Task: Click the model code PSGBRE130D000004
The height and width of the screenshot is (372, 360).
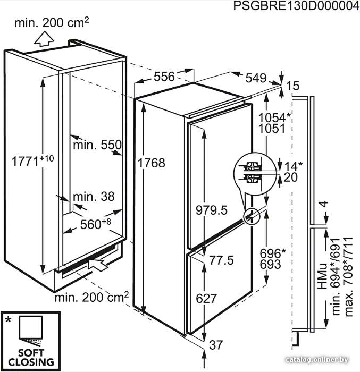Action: (296, 6)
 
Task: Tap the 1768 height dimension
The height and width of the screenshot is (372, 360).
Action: (152, 163)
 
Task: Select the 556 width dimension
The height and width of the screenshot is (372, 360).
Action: (164, 77)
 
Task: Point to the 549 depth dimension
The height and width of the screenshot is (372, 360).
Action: (256, 78)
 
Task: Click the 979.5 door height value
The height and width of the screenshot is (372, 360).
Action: (212, 210)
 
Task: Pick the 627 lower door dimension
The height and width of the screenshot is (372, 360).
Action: (206, 298)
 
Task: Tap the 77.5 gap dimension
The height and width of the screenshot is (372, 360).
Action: (221, 260)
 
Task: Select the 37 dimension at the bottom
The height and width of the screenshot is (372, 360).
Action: (216, 345)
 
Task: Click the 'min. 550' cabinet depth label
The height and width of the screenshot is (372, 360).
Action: (97, 145)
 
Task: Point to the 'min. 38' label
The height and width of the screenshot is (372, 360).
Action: (94, 197)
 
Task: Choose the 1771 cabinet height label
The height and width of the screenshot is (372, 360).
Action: (33, 160)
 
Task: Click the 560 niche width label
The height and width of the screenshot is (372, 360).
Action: (96, 224)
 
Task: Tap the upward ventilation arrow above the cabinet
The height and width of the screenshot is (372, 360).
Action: (44, 39)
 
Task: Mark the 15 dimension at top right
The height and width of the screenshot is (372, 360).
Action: (293, 86)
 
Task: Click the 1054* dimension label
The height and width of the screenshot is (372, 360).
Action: (274, 117)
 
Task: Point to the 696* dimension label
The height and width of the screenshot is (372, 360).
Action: (273, 253)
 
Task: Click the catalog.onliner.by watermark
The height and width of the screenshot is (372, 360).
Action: (317, 360)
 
